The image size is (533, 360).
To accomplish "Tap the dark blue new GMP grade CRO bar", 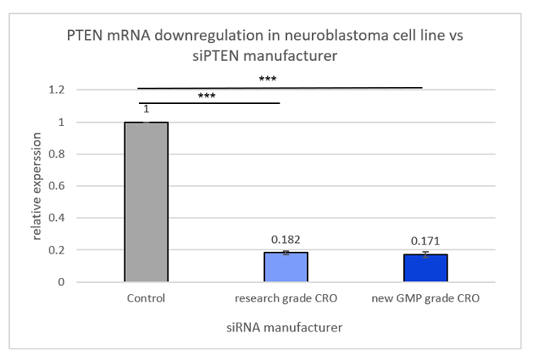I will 427,268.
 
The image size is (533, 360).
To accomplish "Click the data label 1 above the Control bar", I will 146,111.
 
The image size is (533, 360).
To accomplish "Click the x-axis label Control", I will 146,299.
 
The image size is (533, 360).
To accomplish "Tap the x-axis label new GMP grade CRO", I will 427,299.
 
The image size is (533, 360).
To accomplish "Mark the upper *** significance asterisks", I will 267,79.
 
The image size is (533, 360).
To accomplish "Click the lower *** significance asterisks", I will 206,95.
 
